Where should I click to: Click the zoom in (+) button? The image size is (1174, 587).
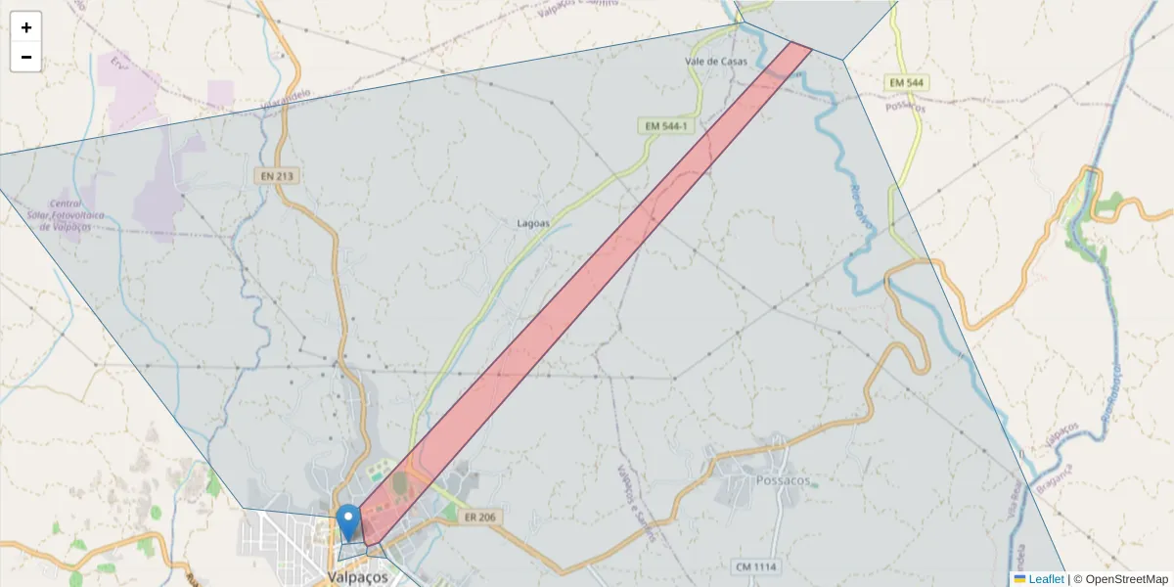[x=26, y=27]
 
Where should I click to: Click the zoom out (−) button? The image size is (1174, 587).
[x=26, y=57]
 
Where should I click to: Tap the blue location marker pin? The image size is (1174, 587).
[x=347, y=521]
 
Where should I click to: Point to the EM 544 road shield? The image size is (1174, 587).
[x=907, y=83]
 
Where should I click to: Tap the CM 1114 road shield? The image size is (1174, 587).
[x=754, y=566]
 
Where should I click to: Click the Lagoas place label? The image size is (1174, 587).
[x=533, y=223]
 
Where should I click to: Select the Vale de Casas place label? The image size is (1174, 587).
[x=716, y=61]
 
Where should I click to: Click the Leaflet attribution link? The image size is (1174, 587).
[x=1046, y=579]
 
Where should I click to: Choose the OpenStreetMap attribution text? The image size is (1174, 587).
[x=1121, y=579]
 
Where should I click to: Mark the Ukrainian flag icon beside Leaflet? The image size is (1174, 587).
[x=1019, y=579]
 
